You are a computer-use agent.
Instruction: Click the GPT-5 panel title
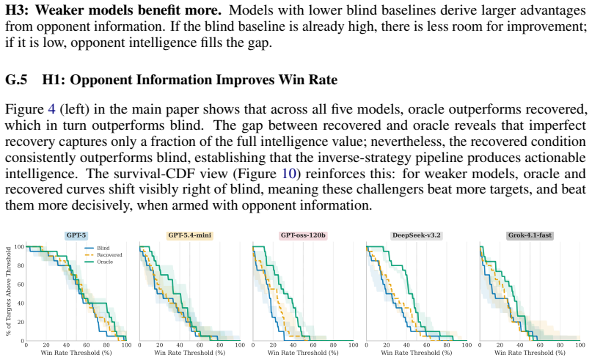(x=76, y=235)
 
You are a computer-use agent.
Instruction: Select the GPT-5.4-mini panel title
(x=189, y=235)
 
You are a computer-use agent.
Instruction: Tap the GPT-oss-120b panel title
(x=303, y=235)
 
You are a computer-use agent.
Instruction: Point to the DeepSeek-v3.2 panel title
(x=417, y=235)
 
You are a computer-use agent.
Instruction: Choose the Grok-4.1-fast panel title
(x=530, y=235)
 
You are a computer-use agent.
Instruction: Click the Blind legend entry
(x=97, y=249)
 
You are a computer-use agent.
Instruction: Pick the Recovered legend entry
(x=103, y=255)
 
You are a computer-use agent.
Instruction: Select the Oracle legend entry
(x=99, y=262)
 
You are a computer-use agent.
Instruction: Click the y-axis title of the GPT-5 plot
(x=8, y=291)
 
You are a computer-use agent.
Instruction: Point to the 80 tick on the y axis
(x=21, y=265)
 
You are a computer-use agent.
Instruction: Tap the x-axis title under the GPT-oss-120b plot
(x=303, y=353)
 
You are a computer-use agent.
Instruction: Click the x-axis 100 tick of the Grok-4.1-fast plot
(x=580, y=345)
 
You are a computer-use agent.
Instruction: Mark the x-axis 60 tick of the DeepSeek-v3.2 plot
(x=427, y=345)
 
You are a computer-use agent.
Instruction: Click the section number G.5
(x=16, y=80)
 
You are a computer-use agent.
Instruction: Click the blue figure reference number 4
(x=52, y=109)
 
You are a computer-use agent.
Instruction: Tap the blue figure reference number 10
(x=289, y=174)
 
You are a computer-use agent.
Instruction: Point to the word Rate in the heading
(x=322, y=80)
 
